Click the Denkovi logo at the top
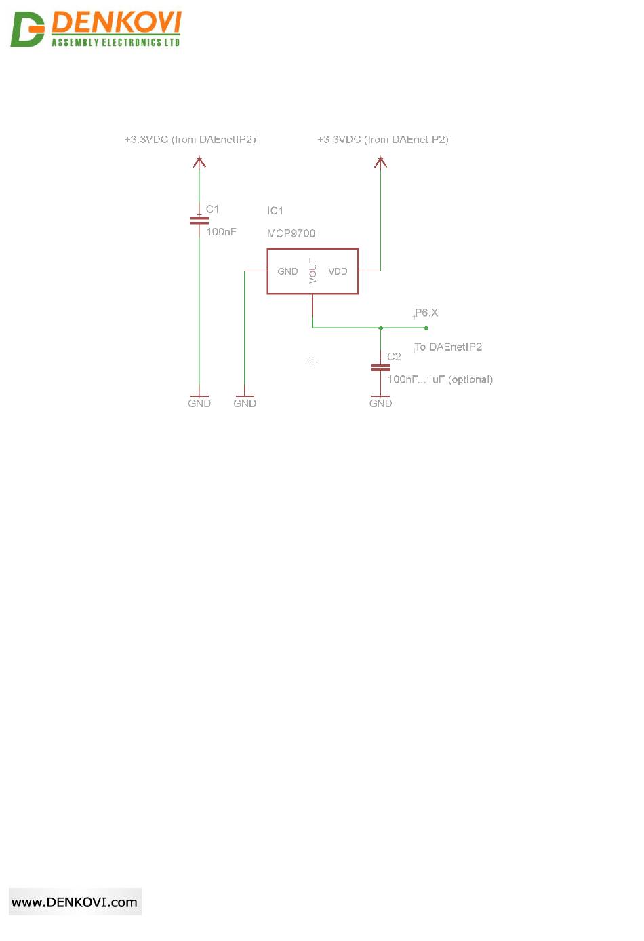pos(96,29)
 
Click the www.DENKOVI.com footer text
pos(75,902)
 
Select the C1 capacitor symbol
pos(199,220)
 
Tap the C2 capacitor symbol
pos(380,367)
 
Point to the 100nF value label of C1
pos(221,232)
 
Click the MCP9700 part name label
pos(291,233)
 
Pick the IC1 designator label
pos(275,210)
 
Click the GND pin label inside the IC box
pos(287,271)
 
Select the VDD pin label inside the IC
pos(338,271)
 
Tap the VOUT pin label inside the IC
pos(313,271)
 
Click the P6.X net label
pos(426,313)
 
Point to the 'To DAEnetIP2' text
pos(448,347)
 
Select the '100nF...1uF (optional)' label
pos(440,379)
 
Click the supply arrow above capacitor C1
pos(199,162)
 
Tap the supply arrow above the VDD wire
pos(380,162)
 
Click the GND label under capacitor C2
pos(380,403)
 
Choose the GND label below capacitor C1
pos(199,403)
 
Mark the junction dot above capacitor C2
pos(380,328)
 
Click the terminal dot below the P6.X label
pos(426,328)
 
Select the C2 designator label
pos(394,356)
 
